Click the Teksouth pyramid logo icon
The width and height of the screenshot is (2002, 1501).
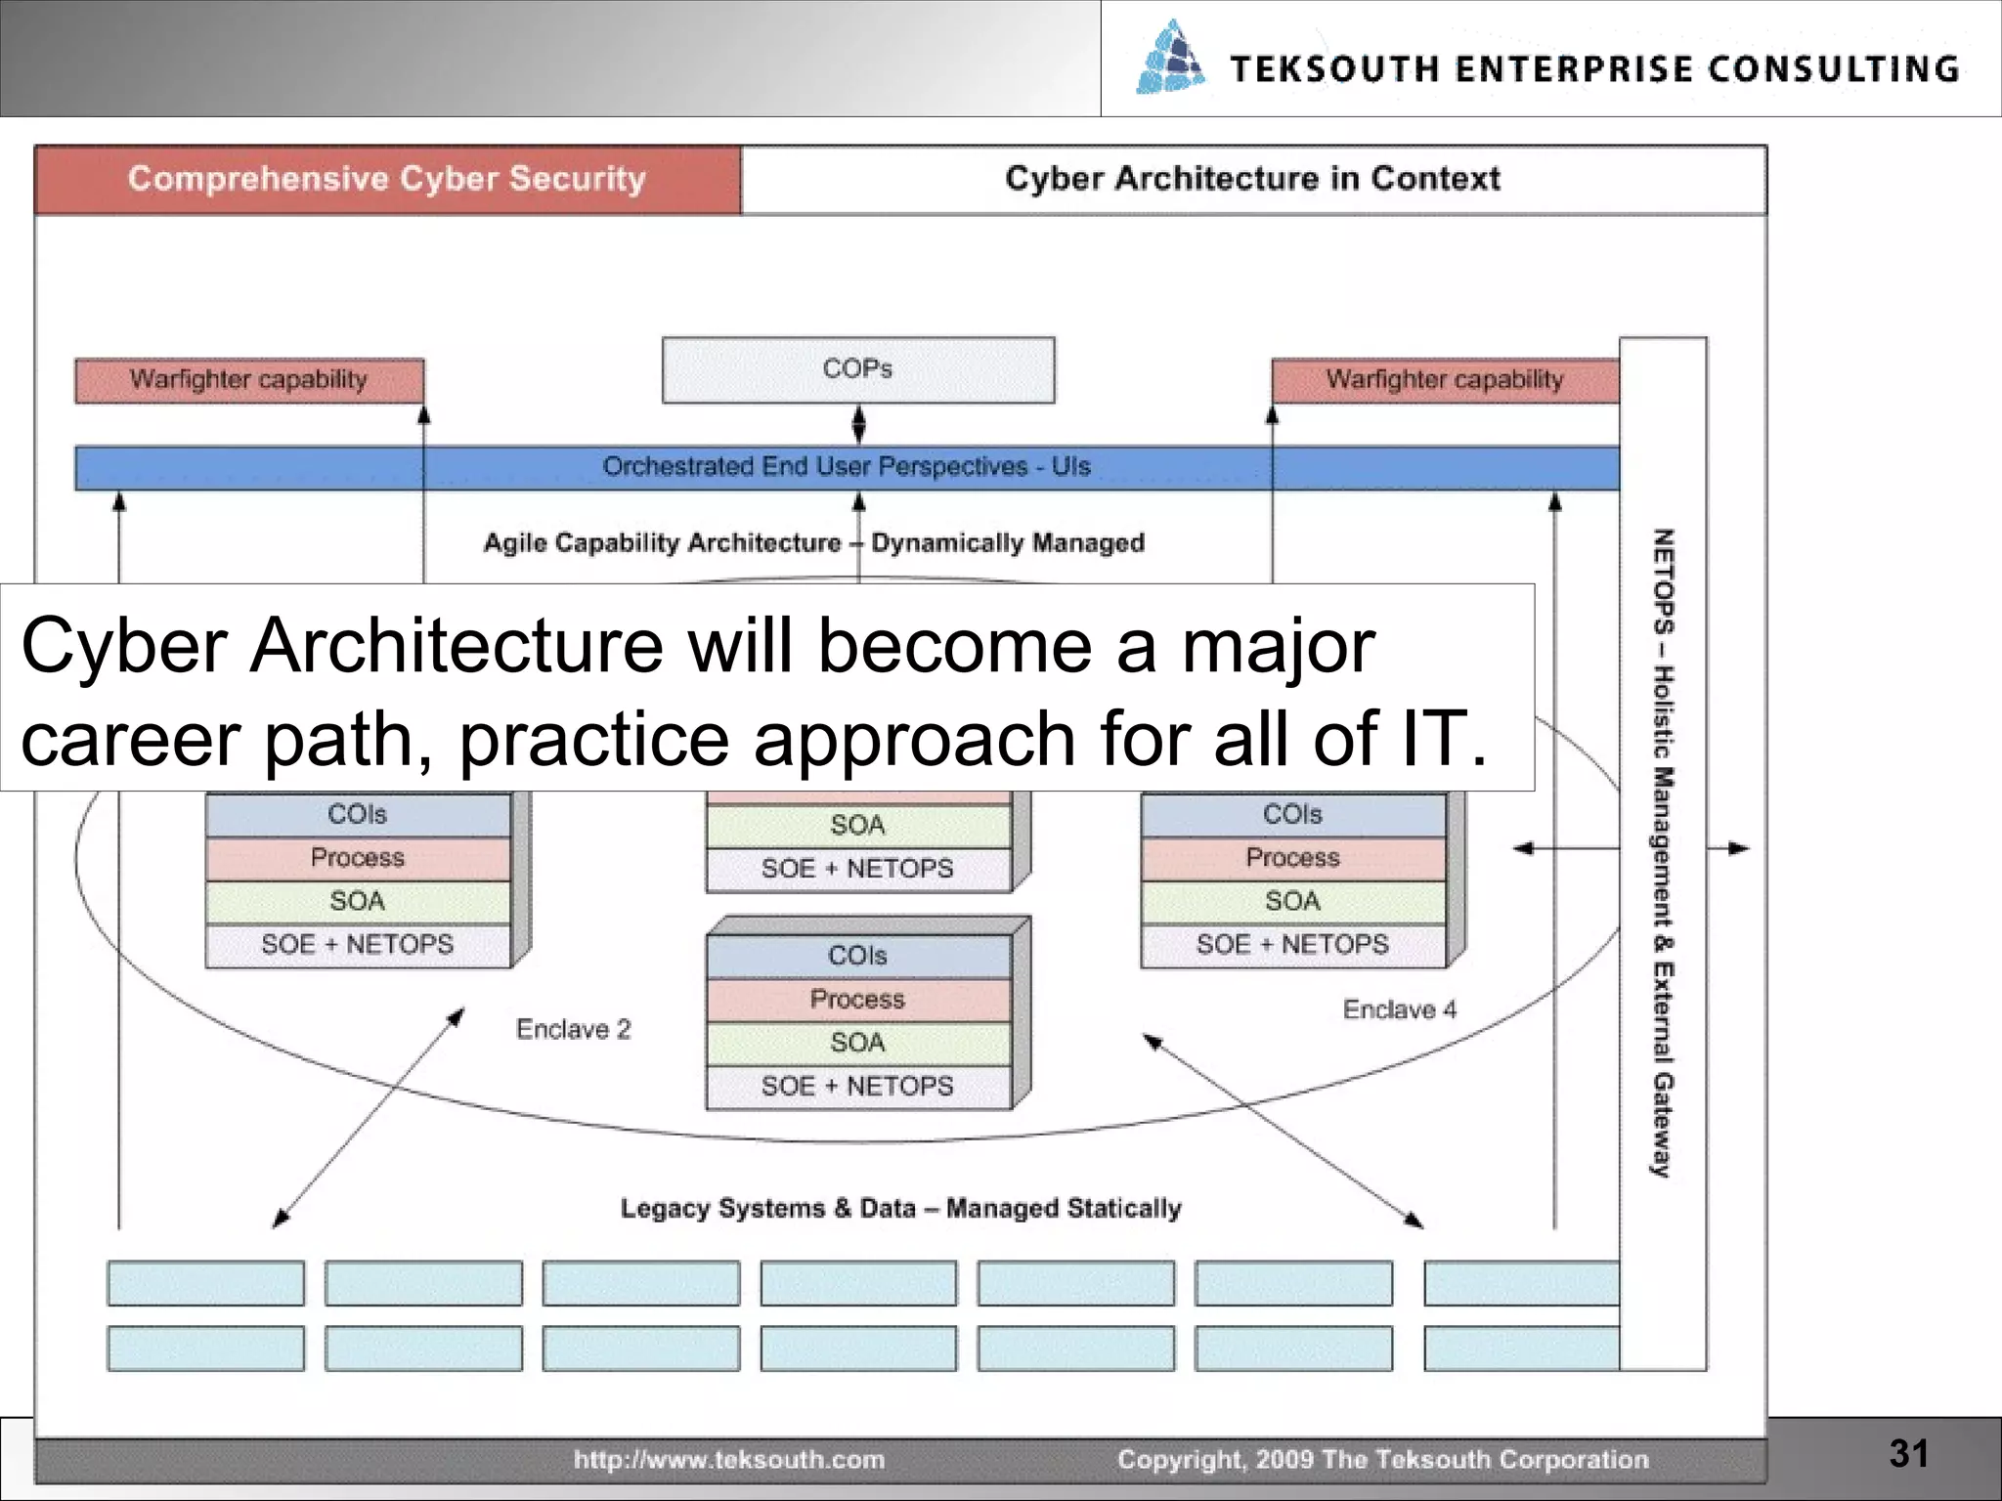pos(1170,59)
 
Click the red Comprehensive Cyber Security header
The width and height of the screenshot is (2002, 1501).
pos(387,179)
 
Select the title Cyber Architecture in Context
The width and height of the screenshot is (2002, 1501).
pos(1252,179)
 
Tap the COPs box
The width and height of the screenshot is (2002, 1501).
pos(857,369)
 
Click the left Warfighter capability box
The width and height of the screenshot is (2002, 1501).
pos(248,380)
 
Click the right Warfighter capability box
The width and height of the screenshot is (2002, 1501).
pos(1444,380)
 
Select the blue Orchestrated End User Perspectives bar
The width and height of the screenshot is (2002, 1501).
pos(846,467)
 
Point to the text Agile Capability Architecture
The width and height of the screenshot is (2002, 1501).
pos(663,543)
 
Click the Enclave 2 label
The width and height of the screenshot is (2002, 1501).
pos(574,1029)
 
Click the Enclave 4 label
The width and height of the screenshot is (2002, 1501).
pos(1399,1009)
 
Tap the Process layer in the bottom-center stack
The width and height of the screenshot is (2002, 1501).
pos(857,1000)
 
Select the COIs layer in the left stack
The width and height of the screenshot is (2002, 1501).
pos(357,815)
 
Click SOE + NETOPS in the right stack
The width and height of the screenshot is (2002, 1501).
pos(1291,945)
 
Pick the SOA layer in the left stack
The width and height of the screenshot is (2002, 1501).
pos(357,901)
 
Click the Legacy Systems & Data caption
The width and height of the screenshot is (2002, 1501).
pos(900,1209)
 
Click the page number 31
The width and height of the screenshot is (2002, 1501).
pos(1908,1453)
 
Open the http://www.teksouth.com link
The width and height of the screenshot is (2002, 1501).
pos(728,1460)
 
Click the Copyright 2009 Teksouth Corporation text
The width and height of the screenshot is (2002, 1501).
pos(1382,1460)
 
